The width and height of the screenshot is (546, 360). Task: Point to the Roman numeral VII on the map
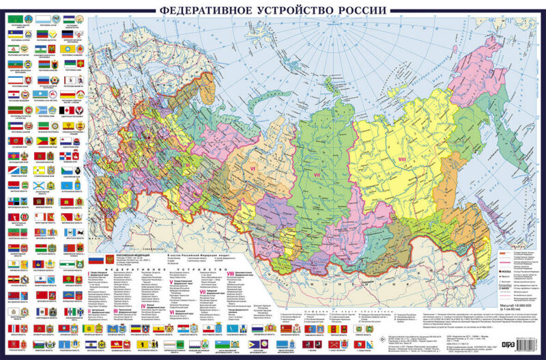point(316,176)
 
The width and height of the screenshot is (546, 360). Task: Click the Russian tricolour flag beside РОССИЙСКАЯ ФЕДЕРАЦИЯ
point(99,260)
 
